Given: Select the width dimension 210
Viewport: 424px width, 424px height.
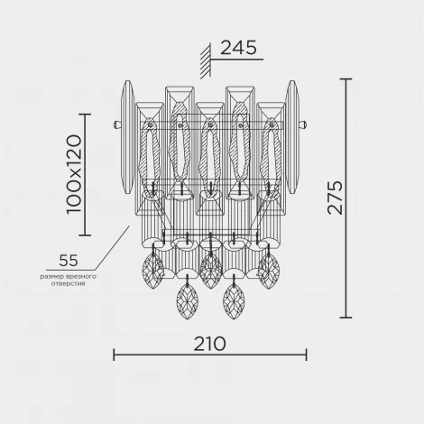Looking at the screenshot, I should (x=209, y=343).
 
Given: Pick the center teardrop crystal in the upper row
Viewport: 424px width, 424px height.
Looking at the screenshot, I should (x=210, y=272).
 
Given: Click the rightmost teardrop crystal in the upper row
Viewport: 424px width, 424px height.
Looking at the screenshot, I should (x=269, y=269).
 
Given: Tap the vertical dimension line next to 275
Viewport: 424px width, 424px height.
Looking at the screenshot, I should (x=346, y=198).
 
